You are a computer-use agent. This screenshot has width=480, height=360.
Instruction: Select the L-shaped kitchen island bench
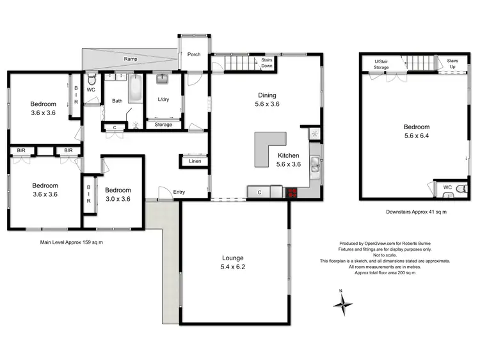pyautogui.click(x=269, y=146)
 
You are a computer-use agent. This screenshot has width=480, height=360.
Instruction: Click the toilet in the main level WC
pyautogui.click(x=92, y=81)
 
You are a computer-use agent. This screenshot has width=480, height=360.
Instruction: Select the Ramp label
pyautogui.click(x=131, y=59)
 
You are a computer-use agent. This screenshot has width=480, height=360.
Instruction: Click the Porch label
pyautogui.click(x=193, y=54)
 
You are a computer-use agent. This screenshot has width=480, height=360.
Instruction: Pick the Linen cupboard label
pyautogui.click(x=195, y=162)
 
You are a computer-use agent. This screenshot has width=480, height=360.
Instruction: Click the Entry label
pyautogui.click(x=179, y=191)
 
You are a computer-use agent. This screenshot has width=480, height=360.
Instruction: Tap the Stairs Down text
pyautogui.click(x=267, y=63)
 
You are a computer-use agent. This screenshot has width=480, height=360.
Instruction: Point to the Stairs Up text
pyautogui.click(x=451, y=63)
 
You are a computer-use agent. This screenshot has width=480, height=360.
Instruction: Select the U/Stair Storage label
pyautogui.click(x=381, y=63)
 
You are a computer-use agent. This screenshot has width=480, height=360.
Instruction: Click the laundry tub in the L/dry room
pyautogui.click(x=161, y=80)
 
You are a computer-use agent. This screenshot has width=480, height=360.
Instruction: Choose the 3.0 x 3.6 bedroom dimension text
pyautogui.click(x=118, y=199)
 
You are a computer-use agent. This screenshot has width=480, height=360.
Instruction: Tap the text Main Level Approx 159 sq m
pyautogui.click(x=72, y=242)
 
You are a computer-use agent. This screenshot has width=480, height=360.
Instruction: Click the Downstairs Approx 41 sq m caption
pyautogui.click(x=416, y=212)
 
